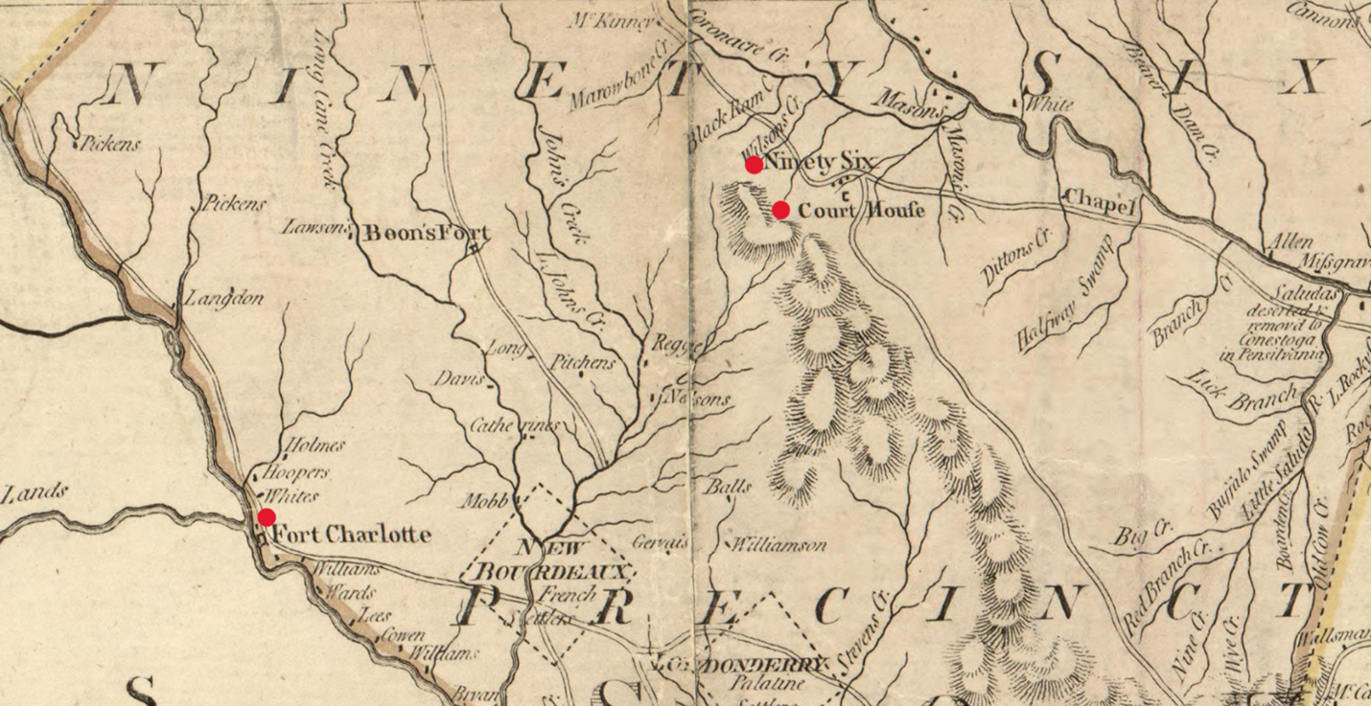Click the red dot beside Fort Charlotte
point(267,517)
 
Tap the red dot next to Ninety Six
point(755,165)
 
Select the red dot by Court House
point(781,210)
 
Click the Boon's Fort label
point(425,233)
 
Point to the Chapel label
point(1100,200)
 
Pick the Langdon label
point(224,299)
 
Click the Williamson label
point(778,545)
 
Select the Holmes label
point(315,445)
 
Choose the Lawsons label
point(314,228)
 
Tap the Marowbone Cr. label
point(616,81)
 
